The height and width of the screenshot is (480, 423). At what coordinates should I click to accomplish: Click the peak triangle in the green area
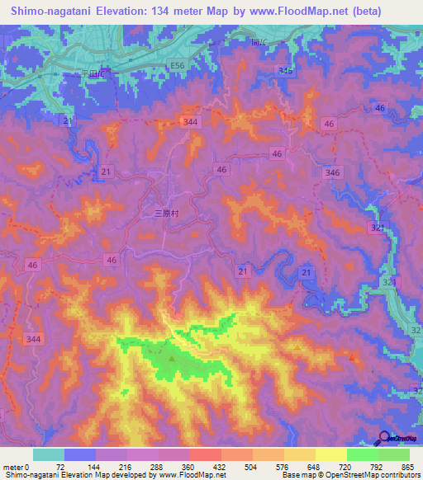click(172, 358)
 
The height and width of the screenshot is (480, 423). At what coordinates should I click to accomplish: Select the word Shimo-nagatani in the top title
click(52, 12)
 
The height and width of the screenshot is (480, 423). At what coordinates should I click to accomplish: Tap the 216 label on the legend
click(126, 468)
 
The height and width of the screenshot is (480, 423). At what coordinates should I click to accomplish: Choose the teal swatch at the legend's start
click(48, 454)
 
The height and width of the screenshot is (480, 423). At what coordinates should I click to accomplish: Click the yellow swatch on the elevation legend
click(330, 454)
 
